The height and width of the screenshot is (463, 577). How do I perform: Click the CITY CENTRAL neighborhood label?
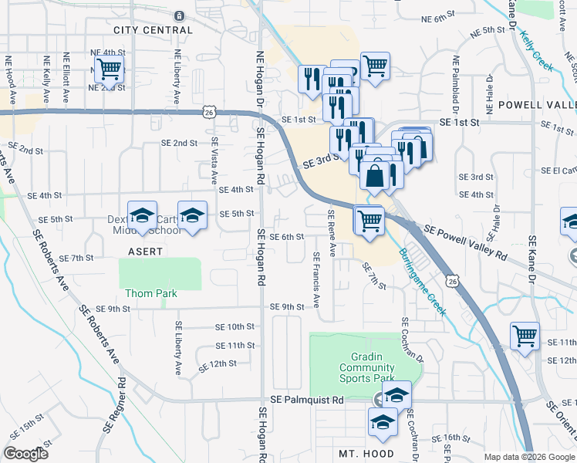[152, 30]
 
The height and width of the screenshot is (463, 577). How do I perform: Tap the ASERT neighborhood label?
[146, 252]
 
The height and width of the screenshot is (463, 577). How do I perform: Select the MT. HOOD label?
[366, 454]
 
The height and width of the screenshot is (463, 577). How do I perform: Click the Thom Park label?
[151, 293]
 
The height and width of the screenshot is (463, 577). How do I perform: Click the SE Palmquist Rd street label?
[307, 400]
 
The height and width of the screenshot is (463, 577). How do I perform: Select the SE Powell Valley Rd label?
[465, 242]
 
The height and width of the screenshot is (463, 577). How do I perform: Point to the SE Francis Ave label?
[316, 279]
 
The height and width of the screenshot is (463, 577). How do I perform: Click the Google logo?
[26, 454]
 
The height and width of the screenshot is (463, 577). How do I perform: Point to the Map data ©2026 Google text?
[528, 457]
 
